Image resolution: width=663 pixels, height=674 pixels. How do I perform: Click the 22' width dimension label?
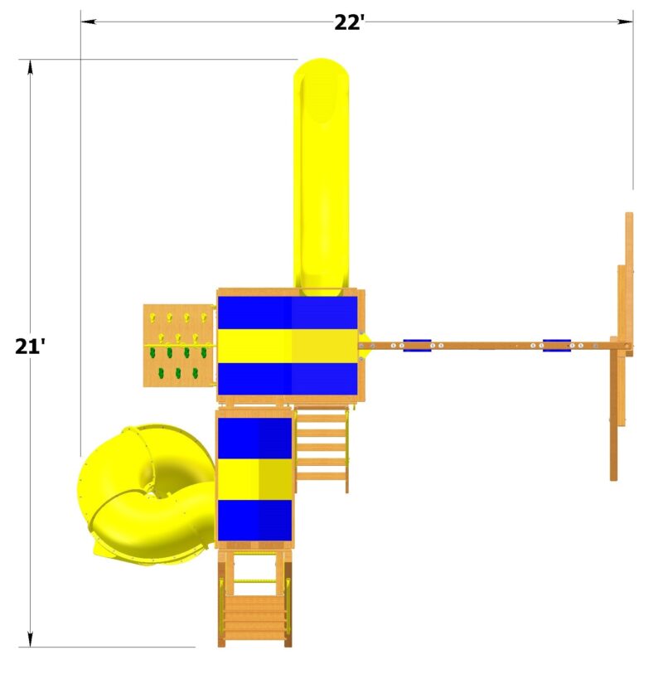click(x=350, y=22)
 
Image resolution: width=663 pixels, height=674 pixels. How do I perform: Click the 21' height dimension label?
click(x=30, y=346)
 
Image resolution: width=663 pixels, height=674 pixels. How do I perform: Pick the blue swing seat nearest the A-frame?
click(x=557, y=345)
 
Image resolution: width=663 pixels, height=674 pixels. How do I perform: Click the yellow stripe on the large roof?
click(x=288, y=346)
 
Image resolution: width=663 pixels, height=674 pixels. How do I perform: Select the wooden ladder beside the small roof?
click(x=321, y=448)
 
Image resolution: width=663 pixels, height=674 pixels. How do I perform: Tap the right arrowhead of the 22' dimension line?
click(x=627, y=22)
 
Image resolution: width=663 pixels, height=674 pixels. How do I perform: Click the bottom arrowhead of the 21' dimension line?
click(x=31, y=640)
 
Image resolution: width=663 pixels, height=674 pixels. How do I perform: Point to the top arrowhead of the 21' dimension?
click(x=31, y=66)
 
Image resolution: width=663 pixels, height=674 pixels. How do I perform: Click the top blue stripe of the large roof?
click(x=288, y=313)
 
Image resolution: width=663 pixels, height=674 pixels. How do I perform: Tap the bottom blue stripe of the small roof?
click(x=254, y=519)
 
